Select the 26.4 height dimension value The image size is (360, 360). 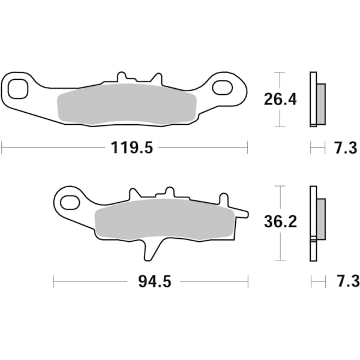click(x=280, y=99)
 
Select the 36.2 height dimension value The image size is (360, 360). click(x=280, y=223)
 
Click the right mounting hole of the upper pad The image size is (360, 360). click(x=222, y=87)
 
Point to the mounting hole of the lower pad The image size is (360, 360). click(x=70, y=200)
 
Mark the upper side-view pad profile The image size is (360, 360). click(x=316, y=99)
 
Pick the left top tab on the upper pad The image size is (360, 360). click(x=122, y=77)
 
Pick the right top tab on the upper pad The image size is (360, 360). click(x=157, y=78)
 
